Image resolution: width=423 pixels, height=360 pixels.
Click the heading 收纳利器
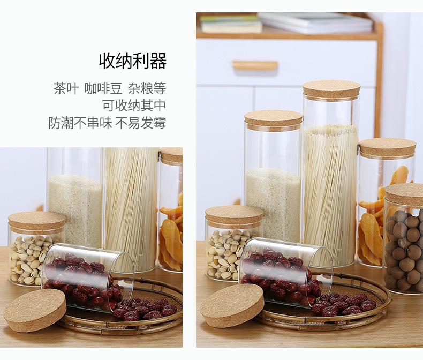(132, 61)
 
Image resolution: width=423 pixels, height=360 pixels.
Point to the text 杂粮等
(146, 88)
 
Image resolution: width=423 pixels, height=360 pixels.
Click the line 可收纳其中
(134, 106)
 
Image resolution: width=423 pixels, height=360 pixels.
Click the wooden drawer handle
(255, 65)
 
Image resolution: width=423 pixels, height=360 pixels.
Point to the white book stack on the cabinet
(316, 23)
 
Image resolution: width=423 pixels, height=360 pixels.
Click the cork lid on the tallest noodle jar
(331, 89)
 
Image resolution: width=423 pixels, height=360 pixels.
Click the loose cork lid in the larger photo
(231, 305)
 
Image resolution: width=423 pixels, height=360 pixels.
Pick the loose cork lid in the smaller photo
(35, 310)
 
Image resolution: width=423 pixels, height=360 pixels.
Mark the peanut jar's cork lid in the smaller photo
(37, 221)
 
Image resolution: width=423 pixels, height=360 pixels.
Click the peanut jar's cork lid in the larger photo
(233, 215)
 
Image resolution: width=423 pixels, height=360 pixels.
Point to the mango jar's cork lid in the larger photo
(387, 147)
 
